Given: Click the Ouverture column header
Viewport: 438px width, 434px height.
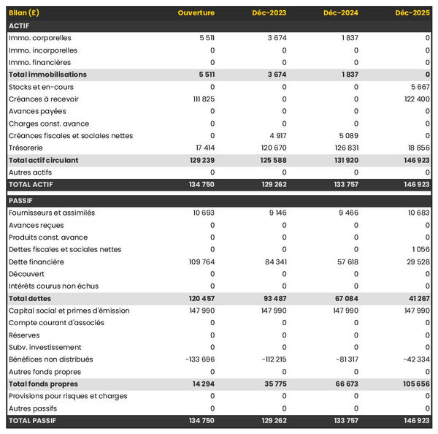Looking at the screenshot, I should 196,13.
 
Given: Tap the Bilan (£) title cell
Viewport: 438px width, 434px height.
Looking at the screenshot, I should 25,13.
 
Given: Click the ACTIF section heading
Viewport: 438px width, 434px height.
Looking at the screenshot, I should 19,26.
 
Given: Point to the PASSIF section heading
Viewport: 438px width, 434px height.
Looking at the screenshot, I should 21,200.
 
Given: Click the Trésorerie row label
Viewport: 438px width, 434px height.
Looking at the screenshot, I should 27,148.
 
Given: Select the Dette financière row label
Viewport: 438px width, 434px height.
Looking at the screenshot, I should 36,262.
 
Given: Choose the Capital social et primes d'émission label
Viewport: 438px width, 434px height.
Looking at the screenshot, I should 69,311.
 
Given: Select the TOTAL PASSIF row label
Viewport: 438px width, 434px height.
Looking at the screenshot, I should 32,420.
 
